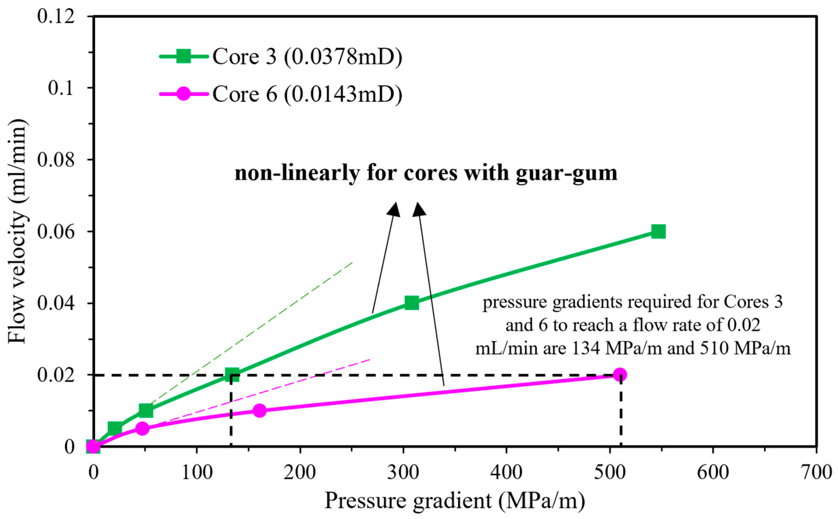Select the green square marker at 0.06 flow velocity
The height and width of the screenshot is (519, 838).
pos(658,232)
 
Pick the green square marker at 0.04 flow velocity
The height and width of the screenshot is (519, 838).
pos(411,303)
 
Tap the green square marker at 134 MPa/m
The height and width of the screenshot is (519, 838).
pos(232,375)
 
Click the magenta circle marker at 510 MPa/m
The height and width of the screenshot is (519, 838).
pos(619,375)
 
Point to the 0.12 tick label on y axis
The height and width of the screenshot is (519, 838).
pos(56,16)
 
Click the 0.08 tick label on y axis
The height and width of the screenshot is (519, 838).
pos(56,160)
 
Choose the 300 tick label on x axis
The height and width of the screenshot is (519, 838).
pos(404,472)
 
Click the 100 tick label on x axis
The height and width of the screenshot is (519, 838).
pos(197,472)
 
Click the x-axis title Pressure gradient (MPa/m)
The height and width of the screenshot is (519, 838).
pos(455,500)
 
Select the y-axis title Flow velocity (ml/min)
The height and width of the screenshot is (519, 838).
pos(17,231)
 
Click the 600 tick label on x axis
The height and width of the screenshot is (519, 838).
pos(713,472)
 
